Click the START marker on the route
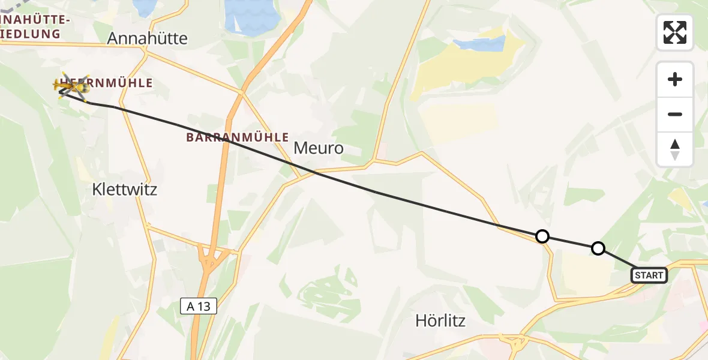coord(649,275)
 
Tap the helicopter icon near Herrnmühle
coord(71,87)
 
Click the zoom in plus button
coord(675,79)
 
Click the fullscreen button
coord(675,32)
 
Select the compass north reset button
coord(675,149)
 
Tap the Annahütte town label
coord(147,38)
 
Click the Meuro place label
coord(319,148)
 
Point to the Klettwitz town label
coord(125,190)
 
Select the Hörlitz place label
coord(440,320)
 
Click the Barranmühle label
coord(238,137)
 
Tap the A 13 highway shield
coord(199,307)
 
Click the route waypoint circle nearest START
coord(598,248)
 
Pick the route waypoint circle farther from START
coord(542,236)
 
